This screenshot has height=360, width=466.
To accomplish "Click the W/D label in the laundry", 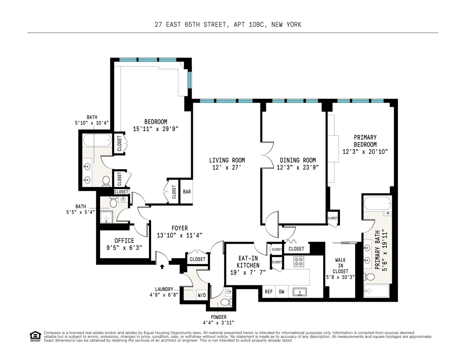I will coord(202,295).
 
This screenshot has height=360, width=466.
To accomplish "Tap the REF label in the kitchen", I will coord(268,292).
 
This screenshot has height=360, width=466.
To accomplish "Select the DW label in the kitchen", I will coord(281,292).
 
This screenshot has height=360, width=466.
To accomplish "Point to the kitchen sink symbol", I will coord(299,292).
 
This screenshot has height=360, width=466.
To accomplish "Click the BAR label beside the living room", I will coord(187,192).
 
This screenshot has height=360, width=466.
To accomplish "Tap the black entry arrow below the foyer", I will coord(162,266).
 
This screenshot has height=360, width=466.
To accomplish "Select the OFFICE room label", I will coord(124,240).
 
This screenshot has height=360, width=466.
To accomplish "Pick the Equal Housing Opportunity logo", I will coord(35,336).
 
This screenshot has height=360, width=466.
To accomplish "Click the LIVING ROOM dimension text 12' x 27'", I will coord(226,167).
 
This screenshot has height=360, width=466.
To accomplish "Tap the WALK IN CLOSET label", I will coord(340,265).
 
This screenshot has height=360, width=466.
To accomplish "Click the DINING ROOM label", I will coord(298,160).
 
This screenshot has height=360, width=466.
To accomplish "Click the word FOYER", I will coord(179,228).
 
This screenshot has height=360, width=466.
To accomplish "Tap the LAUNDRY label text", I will coord(164,289).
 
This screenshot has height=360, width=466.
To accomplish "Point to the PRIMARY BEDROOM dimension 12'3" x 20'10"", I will coord(365,152).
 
